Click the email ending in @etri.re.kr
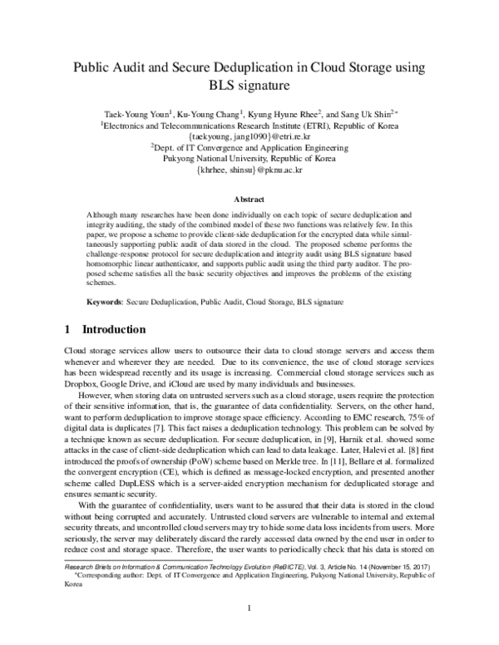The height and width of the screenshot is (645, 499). pyautogui.click(x=249, y=133)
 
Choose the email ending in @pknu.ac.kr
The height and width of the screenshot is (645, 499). pyautogui.click(x=249, y=167)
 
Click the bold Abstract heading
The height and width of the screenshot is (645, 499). pyautogui.click(x=249, y=200)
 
